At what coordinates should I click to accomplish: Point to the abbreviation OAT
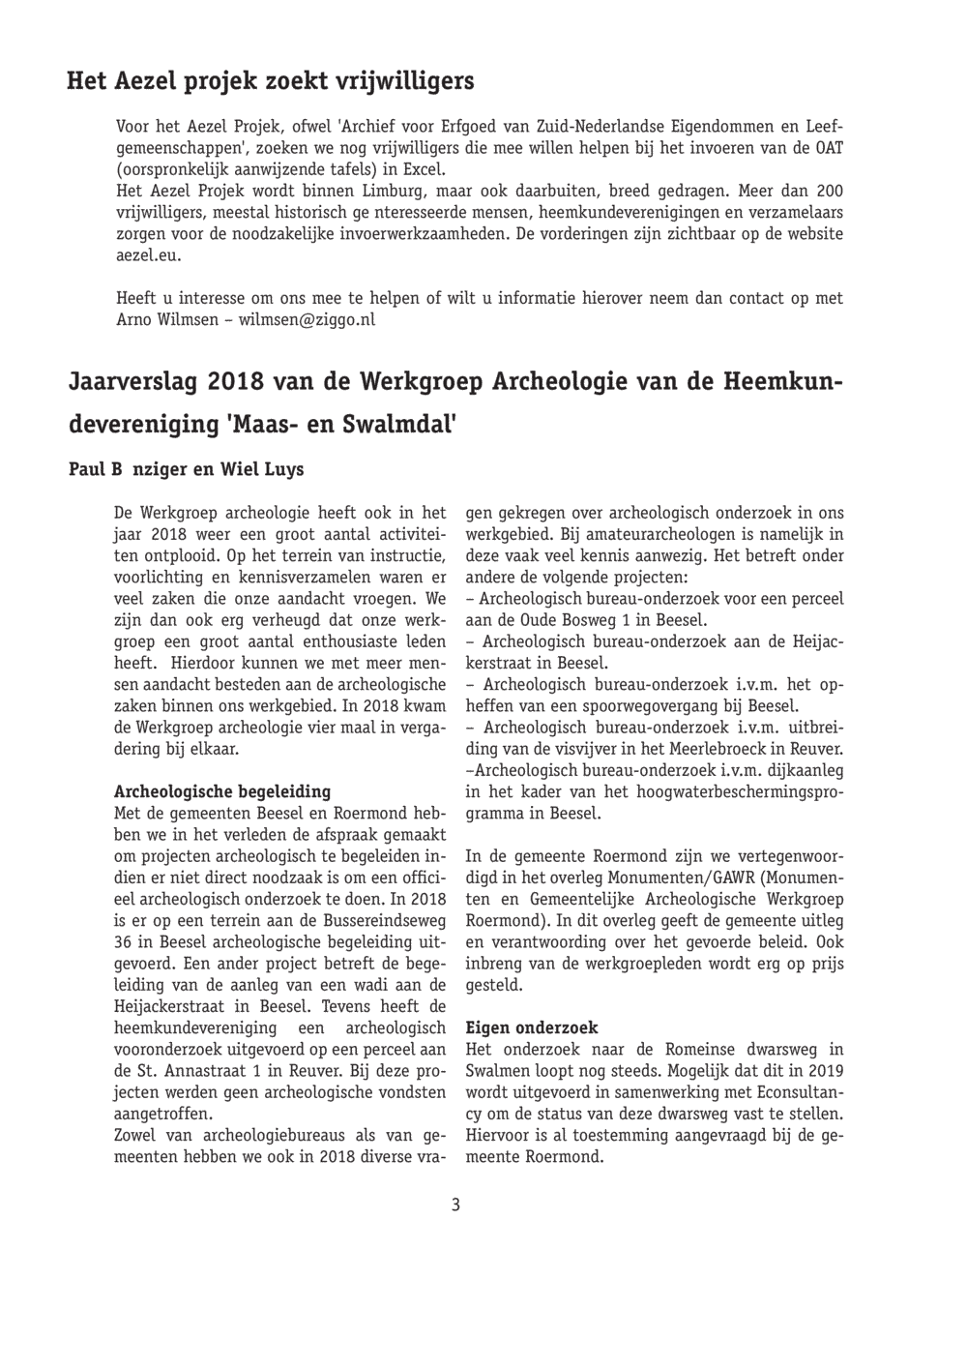pos(829,148)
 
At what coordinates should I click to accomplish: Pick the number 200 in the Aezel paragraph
pos(829,191)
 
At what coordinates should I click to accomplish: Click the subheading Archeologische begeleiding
pos(222,791)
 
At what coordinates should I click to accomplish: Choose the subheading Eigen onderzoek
pos(532,1028)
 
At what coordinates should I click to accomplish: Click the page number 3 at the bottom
pos(455,1205)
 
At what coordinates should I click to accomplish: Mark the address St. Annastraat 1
pos(202,1071)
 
